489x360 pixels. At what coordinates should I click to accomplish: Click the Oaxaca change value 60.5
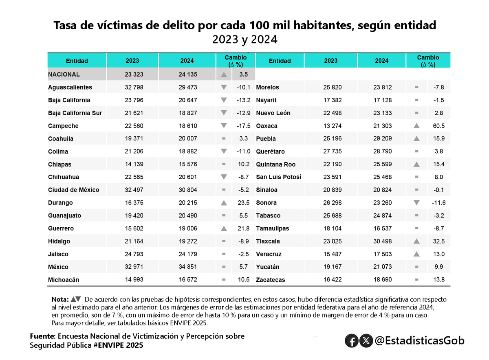coord(439,126)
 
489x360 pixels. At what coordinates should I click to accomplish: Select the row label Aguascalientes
coord(70,87)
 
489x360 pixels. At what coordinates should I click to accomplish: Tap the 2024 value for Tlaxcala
coord(381,241)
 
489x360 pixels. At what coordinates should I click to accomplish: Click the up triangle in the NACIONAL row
coord(223,75)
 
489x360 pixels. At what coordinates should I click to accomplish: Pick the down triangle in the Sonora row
coord(416,202)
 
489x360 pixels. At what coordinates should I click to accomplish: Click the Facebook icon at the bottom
coord(351,340)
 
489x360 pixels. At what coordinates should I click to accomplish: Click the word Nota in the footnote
coord(60,299)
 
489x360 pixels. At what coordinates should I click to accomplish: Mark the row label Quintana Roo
coord(275,165)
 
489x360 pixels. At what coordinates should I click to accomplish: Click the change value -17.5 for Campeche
coord(243,126)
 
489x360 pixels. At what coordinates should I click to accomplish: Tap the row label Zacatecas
coord(270,280)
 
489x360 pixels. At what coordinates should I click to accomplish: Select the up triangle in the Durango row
coord(223,202)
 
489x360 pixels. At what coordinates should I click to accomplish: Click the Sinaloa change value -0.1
coord(439,190)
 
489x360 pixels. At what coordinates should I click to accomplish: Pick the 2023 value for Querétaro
coord(330,151)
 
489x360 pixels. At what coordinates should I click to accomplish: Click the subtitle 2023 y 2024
coord(244,40)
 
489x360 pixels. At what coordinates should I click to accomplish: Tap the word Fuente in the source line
coord(42,336)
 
